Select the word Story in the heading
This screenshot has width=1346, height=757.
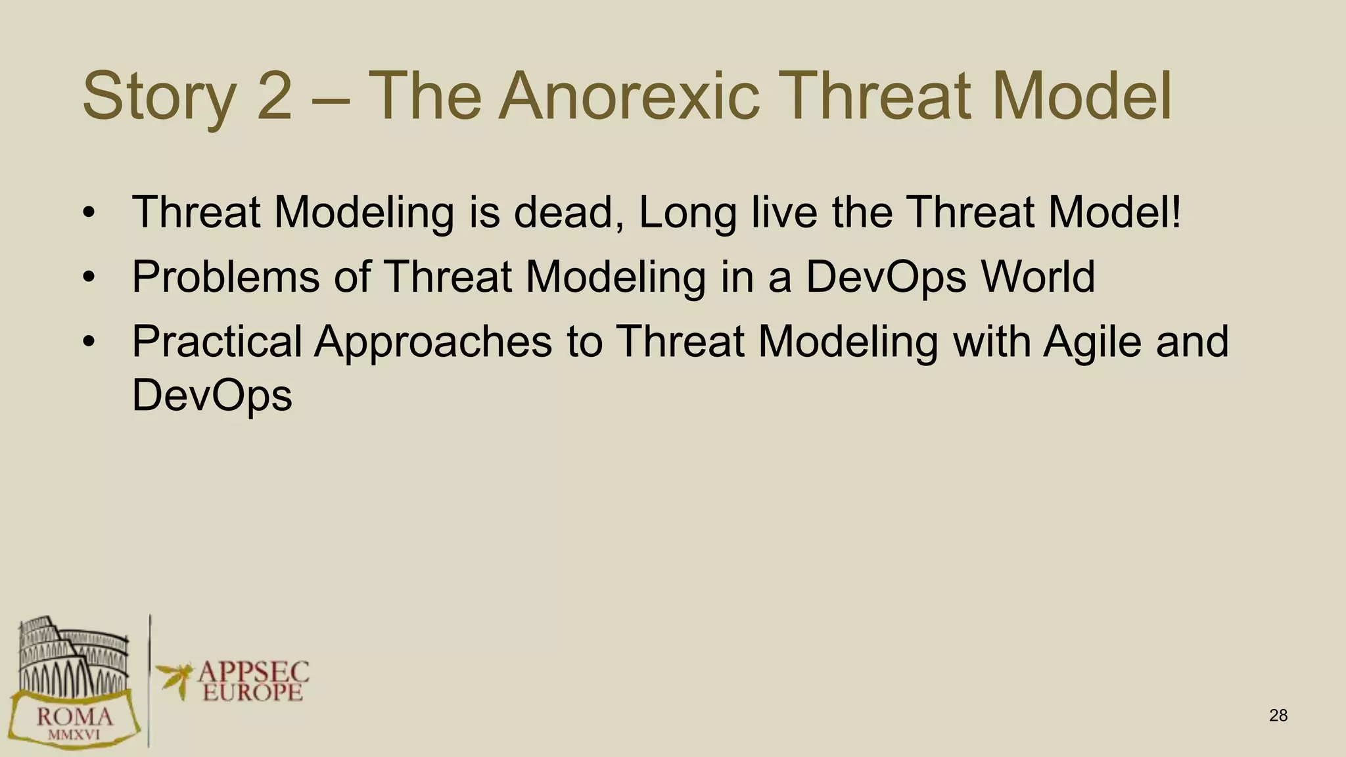pyautogui.click(x=158, y=97)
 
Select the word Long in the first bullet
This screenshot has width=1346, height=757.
pyautogui.click(x=687, y=214)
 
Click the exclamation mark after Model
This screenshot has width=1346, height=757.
pyautogui.click(x=1175, y=212)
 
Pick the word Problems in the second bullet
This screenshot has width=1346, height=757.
pyautogui.click(x=226, y=277)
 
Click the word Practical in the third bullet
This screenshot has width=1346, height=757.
pyautogui.click(x=217, y=341)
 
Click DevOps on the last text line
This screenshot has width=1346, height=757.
pyautogui.click(x=212, y=396)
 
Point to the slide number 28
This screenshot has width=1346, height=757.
pyautogui.click(x=1278, y=716)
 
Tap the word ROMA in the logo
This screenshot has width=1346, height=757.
pyautogui.click(x=74, y=716)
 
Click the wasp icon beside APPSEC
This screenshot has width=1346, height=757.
pyautogui.click(x=175, y=677)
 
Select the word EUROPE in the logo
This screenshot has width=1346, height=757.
pyautogui.click(x=253, y=692)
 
